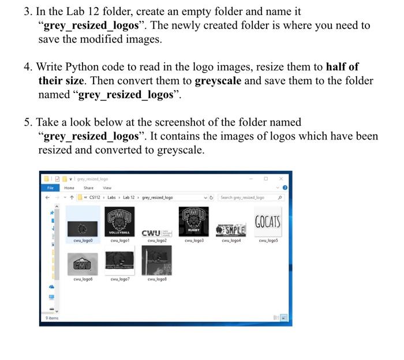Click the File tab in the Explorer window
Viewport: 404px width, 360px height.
pos(50,187)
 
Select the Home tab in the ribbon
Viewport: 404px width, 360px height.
pos(69,187)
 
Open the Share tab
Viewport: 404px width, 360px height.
pos(88,187)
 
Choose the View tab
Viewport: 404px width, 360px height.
pos(107,187)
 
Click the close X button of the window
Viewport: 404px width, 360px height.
pos(281,179)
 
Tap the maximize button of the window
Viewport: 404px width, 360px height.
pos(265,179)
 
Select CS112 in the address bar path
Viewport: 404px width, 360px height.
pos(95,197)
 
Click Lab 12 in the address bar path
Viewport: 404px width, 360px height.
pos(129,197)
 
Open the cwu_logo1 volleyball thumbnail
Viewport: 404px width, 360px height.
pos(119,222)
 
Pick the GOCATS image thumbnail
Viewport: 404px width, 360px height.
pos(268,222)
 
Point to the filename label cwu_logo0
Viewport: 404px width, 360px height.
pos(83,241)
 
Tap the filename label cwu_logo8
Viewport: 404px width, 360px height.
pos(157,279)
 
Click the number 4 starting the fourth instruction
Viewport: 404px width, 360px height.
pos(27,67)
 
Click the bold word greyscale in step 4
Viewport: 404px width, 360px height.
pos(218,81)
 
